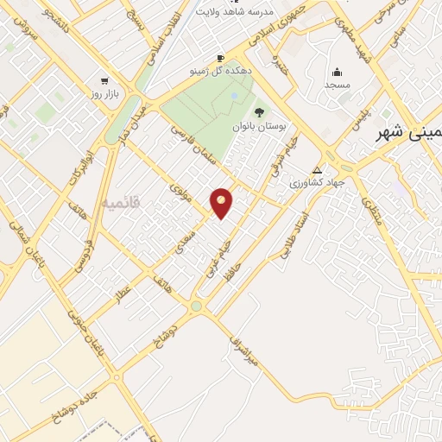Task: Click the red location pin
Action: tap(222, 202)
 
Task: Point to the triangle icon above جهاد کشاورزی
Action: tap(318, 170)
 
